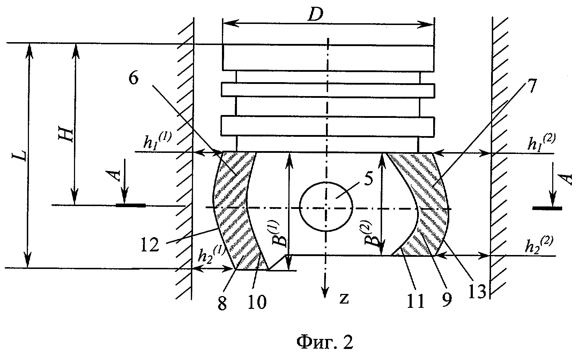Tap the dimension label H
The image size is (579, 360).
click(x=65, y=134)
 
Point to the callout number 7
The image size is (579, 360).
click(x=530, y=86)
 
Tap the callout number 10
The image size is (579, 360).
click(x=257, y=302)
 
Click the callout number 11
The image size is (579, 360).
click(x=415, y=301)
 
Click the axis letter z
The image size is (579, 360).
click(x=344, y=299)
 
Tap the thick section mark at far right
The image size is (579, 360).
click(x=547, y=208)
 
